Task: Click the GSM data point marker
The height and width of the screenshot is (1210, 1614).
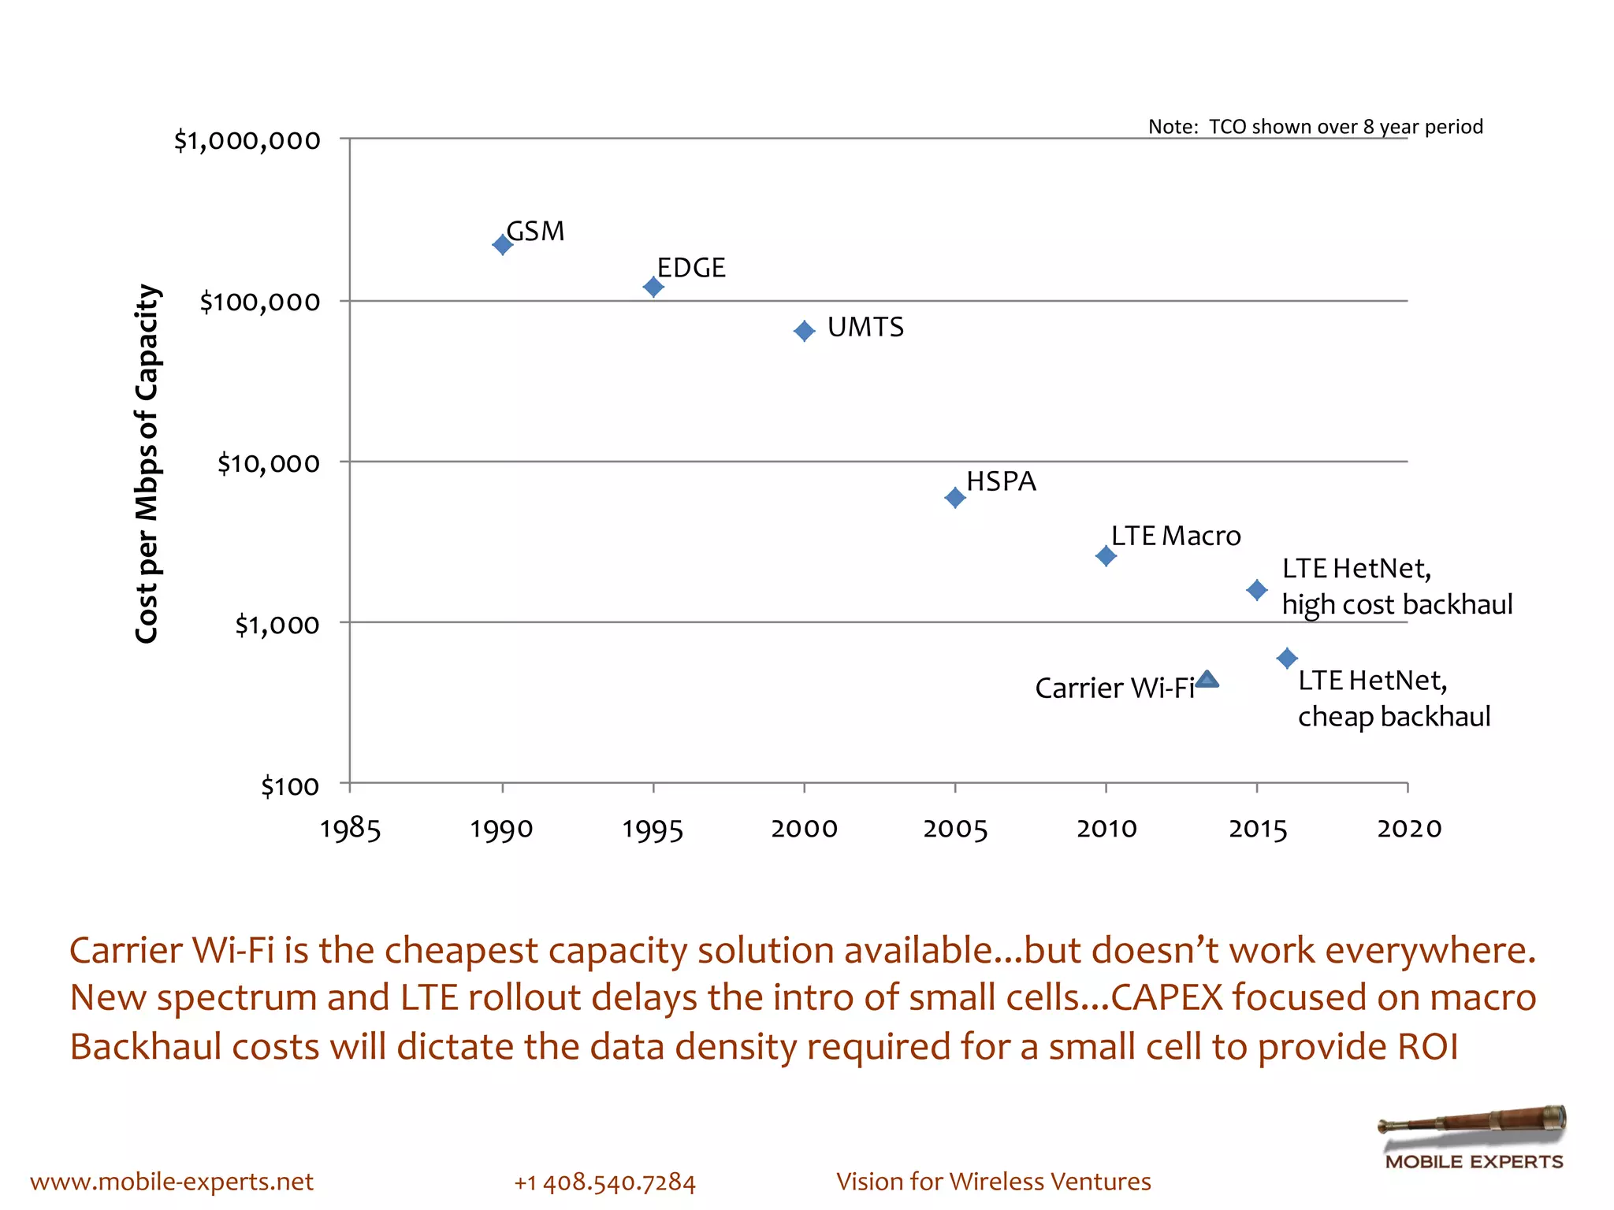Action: coord(502,245)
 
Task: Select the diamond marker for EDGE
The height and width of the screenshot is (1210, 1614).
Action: coord(653,287)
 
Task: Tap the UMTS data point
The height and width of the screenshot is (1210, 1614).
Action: coord(804,331)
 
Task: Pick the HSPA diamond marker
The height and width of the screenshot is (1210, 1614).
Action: coord(954,498)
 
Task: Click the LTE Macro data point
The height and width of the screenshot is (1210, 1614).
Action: coord(1106,556)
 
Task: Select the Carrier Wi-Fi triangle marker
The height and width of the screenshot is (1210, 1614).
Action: coord(1207,680)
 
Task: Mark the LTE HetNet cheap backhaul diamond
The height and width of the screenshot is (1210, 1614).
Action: coord(1287,658)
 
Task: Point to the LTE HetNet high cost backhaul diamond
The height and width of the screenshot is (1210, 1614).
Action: coord(1257,589)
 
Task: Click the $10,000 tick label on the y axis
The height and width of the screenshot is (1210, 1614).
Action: coord(269,463)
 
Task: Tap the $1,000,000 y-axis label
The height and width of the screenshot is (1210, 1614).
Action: coord(247,140)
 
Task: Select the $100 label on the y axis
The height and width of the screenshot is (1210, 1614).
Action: coord(290,786)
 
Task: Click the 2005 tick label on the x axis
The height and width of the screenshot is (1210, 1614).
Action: coord(955,829)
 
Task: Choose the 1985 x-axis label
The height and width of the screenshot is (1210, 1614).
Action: coord(350,829)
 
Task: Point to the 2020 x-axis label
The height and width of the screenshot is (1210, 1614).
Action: coord(1409,829)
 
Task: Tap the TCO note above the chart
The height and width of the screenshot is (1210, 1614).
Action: coord(1315,127)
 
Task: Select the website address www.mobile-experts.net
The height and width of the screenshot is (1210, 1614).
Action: coord(172,1182)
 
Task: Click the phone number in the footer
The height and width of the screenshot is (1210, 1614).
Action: coord(604,1182)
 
